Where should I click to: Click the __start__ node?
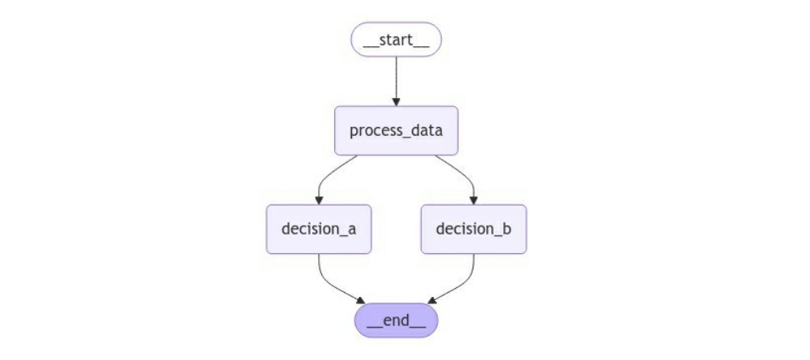pyautogui.click(x=397, y=40)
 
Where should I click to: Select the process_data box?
pyautogui.click(x=397, y=131)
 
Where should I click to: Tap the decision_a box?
pyautogui.click(x=319, y=229)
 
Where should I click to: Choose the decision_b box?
pyautogui.click(x=473, y=229)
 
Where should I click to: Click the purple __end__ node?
pyautogui.click(x=397, y=320)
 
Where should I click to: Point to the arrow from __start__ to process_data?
pyautogui.click(x=397, y=81)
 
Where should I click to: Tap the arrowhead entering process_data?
pyautogui.click(x=397, y=102)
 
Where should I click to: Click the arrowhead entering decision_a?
pyautogui.click(x=319, y=201)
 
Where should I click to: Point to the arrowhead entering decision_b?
pyautogui.click(x=473, y=201)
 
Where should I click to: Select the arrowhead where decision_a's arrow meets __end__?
pyautogui.click(x=361, y=301)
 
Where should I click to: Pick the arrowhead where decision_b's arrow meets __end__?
pyautogui.click(x=432, y=301)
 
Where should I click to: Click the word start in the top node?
pyautogui.click(x=397, y=40)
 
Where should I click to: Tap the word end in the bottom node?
pyautogui.click(x=397, y=320)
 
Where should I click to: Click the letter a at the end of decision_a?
pyautogui.click(x=351, y=230)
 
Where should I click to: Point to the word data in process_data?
pyautogui.click(x=426, y=130)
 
